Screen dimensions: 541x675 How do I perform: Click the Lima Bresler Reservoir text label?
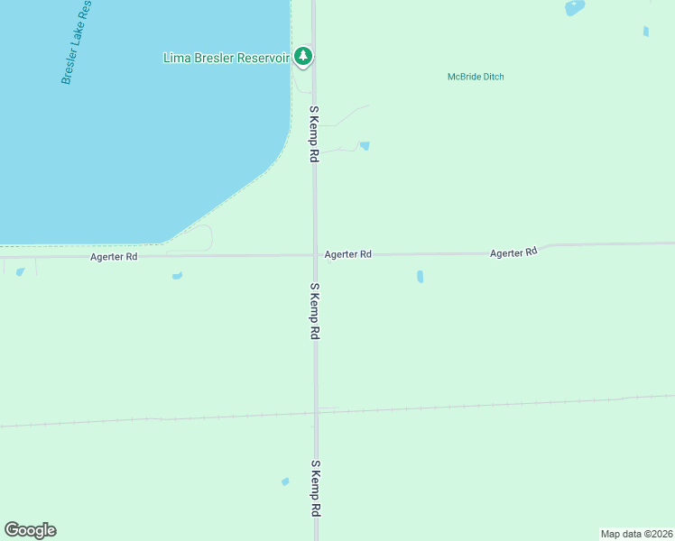coord(227,58)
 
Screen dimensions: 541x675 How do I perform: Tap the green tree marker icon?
coord(304,57)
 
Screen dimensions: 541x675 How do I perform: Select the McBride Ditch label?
coord(476,77)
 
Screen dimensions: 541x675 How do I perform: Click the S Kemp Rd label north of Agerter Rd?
coord(315,133)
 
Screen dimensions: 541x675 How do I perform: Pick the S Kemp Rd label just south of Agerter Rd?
coord(315,310)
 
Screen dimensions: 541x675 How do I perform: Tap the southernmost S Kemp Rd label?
coord(316,488)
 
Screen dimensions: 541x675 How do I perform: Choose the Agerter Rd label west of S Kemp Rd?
coord(114,257)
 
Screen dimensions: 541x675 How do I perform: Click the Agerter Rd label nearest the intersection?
coord(348,255)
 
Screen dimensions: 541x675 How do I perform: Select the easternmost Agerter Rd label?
coord(513,252)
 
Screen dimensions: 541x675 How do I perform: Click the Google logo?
coord(30,530)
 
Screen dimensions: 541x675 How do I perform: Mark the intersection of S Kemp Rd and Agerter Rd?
coord(315,255)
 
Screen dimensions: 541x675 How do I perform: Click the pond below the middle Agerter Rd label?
coord(420,277)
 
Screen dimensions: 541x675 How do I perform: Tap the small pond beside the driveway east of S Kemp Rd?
coord(364,145)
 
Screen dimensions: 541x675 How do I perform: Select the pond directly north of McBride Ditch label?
coord(574,7)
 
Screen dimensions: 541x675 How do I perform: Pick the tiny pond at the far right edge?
coord(646,32)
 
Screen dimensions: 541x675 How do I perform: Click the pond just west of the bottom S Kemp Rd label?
coord(285,481)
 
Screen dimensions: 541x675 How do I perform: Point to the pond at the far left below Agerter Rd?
coord(20,271)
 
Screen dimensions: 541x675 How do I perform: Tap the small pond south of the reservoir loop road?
coord(177,275)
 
